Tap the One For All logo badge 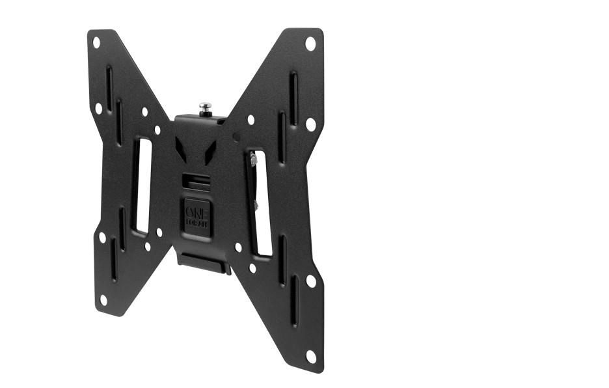(196, 214)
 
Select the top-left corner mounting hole (96, 42)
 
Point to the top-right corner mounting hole (310, 44)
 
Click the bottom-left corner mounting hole (102, 299)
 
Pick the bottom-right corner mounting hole (312, 356)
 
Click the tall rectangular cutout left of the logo (142, 186)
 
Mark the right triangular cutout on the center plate (213, 151)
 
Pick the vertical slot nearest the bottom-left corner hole (113, 260)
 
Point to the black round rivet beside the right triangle (237, 137)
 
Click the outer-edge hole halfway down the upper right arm (310, 123)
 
